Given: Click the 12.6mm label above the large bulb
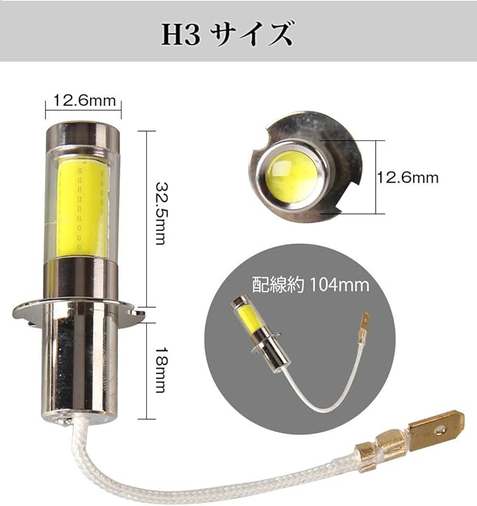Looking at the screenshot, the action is (x=84, y=100).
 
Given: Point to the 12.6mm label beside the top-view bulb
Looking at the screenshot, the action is (x=408, y=178).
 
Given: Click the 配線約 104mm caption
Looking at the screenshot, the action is (x=311, y=285).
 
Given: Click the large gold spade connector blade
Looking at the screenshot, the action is (x=436, y=431).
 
